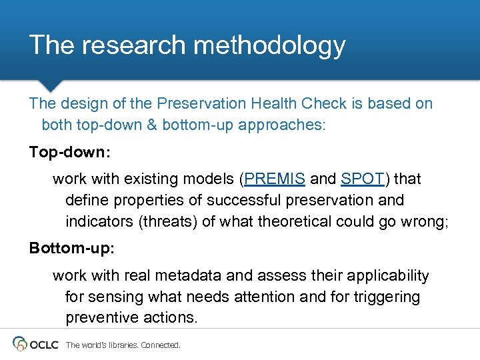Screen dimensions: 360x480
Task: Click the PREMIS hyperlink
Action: tap(275, 179)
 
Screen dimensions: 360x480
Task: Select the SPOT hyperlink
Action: tap(363, 179)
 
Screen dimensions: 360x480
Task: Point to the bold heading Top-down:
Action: tap(70, 152)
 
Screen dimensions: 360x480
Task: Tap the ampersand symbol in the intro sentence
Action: tap(153, 125)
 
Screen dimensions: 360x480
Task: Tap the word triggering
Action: tap(386, 297)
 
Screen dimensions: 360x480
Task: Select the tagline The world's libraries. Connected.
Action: tap(123, 345)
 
